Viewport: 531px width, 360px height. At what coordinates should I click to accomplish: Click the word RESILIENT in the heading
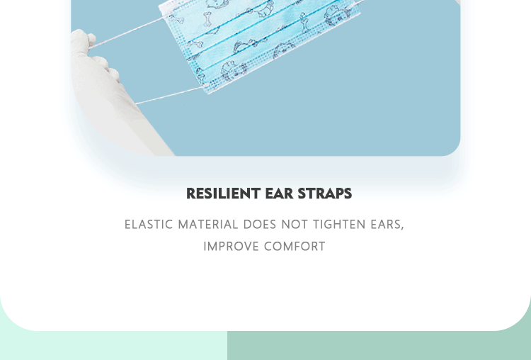pos(224,193)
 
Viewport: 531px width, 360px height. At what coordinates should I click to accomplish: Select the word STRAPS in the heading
pos(325,193)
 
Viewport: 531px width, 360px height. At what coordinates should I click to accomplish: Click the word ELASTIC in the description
pos(149,225)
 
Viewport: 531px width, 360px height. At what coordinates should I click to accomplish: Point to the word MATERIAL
pos(208,225)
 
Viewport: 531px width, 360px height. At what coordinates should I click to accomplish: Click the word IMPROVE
pos(232,247)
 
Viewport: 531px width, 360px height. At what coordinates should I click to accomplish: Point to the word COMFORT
pos(295,247)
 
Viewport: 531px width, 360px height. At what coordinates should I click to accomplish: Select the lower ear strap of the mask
pos(169,95)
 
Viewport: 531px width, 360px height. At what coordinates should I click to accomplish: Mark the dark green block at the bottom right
pos(379,345)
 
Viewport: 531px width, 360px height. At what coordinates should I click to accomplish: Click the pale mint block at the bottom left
pos(113,345)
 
